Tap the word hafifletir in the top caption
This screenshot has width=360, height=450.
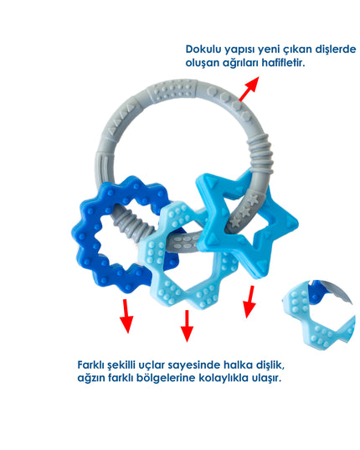point(283,63)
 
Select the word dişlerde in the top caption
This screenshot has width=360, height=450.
point(336,49)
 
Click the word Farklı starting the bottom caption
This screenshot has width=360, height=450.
point(91,365)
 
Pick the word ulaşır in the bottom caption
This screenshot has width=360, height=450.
point(266,378)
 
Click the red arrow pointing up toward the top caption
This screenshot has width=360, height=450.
point(249,89)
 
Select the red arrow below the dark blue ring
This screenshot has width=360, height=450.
point(126,316)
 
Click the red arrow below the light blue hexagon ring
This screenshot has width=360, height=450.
point(187,326)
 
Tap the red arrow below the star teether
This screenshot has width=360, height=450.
point(249,302)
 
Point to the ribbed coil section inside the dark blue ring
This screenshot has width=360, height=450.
point(135,225)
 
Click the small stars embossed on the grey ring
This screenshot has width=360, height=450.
point(244,210)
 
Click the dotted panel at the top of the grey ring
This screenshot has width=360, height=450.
point(172,90)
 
